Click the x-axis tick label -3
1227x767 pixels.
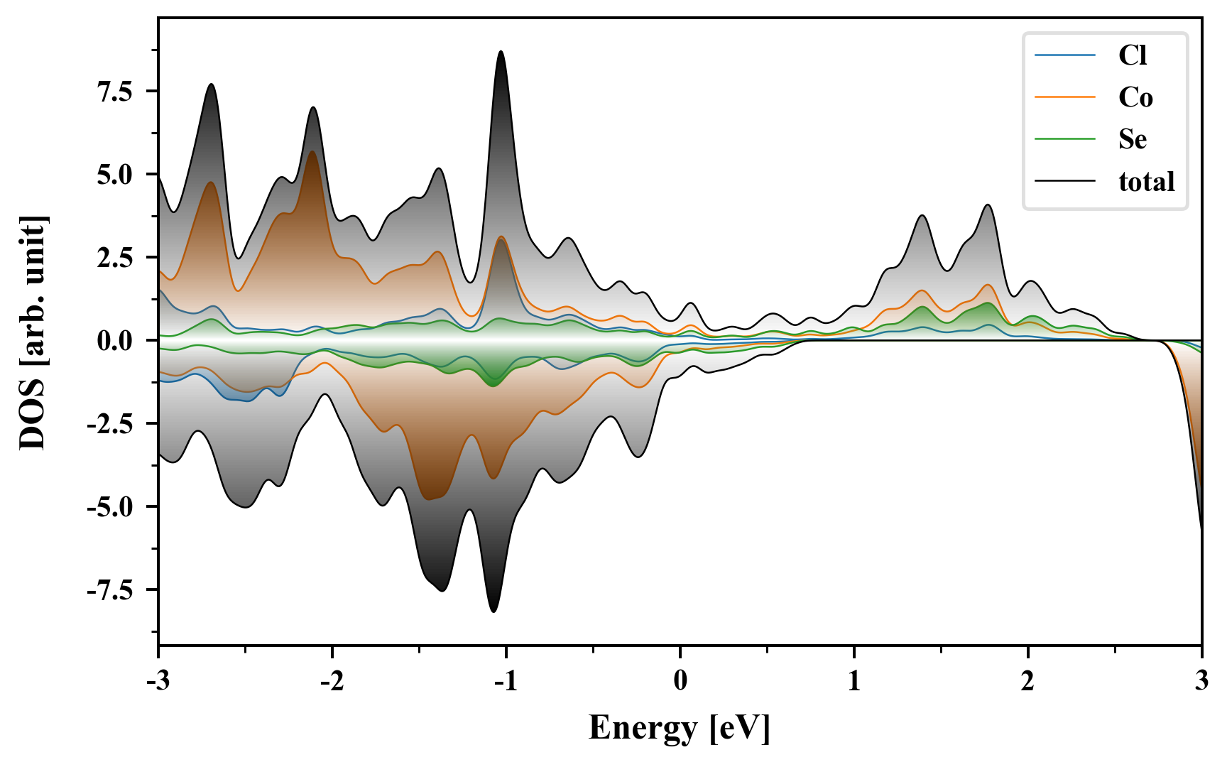[x=158, y=680]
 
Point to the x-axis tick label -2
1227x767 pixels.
[x=332, y=680]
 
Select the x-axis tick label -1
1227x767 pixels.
[x=506, y=680]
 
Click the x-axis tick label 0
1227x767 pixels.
[x=680, y=680]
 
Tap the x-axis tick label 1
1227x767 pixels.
[x=854, y=680]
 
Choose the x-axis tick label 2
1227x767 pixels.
[x=1027, y=680]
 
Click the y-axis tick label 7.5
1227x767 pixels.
[x=115, y=92]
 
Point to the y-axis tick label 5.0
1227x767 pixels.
[x=115, y=175]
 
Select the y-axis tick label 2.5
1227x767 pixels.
[x=115, y=258]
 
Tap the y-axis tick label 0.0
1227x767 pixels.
[x=115, y=341]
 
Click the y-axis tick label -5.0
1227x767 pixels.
[x=110, y=507]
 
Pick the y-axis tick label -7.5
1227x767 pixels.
[x=110, y=590]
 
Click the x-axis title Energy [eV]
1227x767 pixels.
[x=680, y=728]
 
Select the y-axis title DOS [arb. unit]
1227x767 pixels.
[x=33, y=332]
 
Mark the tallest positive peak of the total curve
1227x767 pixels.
[x=501, y=52]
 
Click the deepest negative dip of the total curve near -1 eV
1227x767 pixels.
[x=493, y=611]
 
